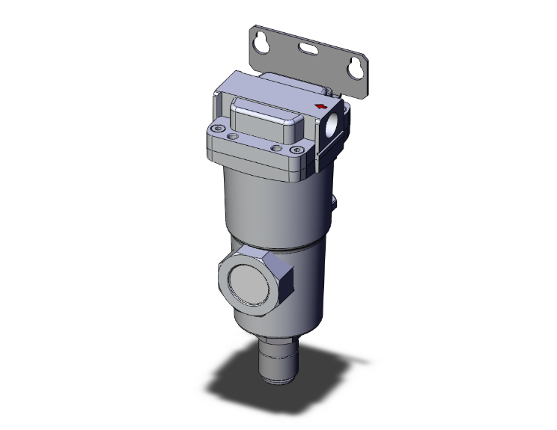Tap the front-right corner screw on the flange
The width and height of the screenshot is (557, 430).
291,151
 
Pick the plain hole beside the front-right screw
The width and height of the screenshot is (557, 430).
277,148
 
